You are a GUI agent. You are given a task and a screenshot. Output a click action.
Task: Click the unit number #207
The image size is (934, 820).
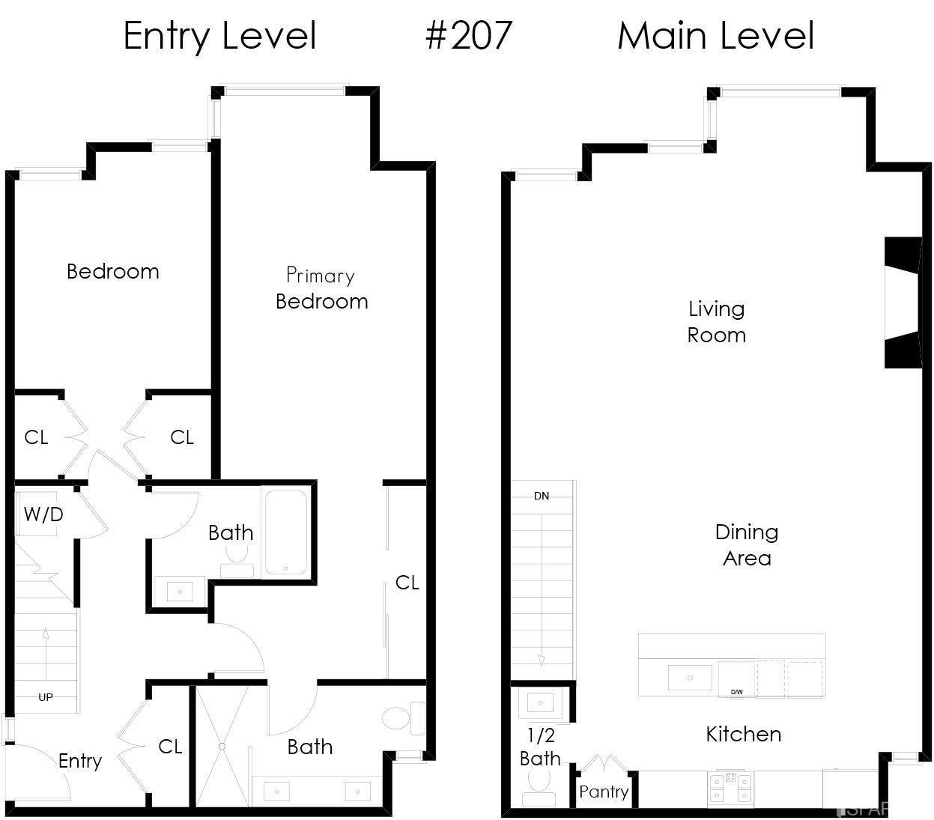469,35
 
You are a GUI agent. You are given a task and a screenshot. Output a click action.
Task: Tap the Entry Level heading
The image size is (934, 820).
219,35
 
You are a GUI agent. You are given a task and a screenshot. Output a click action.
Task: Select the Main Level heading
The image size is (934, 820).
715,35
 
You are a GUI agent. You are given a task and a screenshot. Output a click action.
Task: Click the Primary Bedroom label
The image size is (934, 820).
321,288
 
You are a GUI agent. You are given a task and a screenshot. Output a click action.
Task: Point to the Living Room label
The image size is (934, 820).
717,321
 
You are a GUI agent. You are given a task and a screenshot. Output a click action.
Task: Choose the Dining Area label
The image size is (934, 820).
747,544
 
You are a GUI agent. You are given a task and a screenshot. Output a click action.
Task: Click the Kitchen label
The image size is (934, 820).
744,734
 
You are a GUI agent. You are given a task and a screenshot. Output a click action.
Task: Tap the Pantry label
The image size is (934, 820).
604,792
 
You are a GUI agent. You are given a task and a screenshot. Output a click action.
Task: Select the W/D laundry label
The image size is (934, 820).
43,514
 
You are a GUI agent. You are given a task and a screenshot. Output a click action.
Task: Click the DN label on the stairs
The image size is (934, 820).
542,496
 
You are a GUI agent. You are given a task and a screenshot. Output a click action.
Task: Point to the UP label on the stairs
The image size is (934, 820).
46,697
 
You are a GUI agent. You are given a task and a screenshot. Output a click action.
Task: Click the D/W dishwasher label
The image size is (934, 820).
737,692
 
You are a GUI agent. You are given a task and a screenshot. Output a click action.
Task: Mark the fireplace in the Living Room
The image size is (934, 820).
903,303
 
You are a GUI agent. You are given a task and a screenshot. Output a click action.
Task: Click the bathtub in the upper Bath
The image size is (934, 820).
285,531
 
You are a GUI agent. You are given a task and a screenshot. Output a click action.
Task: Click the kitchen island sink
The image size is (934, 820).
689,678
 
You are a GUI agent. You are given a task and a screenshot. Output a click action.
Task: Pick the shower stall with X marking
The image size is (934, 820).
222,746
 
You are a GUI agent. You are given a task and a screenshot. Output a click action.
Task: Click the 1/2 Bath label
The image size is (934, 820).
540,747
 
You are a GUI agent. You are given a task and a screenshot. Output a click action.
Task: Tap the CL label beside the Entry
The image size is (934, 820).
170,747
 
